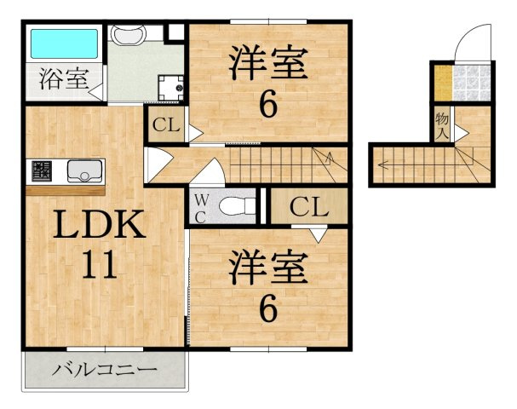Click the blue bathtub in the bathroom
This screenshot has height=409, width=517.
(x=64, y=43)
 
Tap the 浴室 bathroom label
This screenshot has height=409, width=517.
(x=64, y=79)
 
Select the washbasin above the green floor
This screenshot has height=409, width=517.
(x=129, y=34)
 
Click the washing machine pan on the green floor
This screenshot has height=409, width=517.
(x=170, y=88)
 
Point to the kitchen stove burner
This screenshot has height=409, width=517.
(x=42, y=171)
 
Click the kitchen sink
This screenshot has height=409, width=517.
(x=84, y=171)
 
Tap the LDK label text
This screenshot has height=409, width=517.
(x=100, y=224)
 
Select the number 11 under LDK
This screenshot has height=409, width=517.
(x=100, y=264)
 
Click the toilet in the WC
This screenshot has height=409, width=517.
(x=237, y=206)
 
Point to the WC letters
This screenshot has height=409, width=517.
(x=201, y=208)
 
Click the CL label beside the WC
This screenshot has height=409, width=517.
(x=309, y=207)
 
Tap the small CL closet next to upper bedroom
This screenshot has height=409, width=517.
(x=166, y=124)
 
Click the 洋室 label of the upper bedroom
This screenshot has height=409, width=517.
(x=268, y=62)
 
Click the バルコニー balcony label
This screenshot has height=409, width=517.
(x=105, y=371)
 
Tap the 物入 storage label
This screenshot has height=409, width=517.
(x=442, y=125)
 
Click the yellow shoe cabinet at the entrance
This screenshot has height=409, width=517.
(x=443, y=84)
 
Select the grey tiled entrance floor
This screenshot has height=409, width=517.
(x=471, y=84)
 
